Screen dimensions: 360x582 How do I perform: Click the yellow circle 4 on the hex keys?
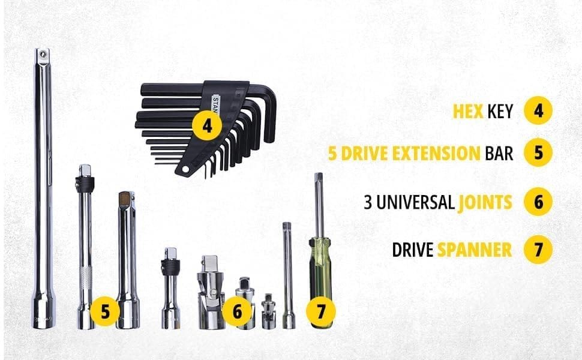tap(207, 127)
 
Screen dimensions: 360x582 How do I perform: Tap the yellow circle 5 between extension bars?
tap(105, 312)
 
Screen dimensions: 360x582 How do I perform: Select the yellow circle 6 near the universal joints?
tap(238, 312)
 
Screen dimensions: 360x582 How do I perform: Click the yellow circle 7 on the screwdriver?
tap(321, 312)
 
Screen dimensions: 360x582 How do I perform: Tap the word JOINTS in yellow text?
tap(485, 202)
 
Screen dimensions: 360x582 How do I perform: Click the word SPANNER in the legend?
tap(474, 250)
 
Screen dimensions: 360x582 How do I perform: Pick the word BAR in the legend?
tap(499, 154)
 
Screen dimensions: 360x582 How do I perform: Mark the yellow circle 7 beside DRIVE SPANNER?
tap(538, 250)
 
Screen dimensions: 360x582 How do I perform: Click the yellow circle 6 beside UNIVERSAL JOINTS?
tap(538, 202)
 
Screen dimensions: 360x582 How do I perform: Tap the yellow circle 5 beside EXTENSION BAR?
tap(538, 154)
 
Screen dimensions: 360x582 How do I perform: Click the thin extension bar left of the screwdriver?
tap(287, 276)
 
